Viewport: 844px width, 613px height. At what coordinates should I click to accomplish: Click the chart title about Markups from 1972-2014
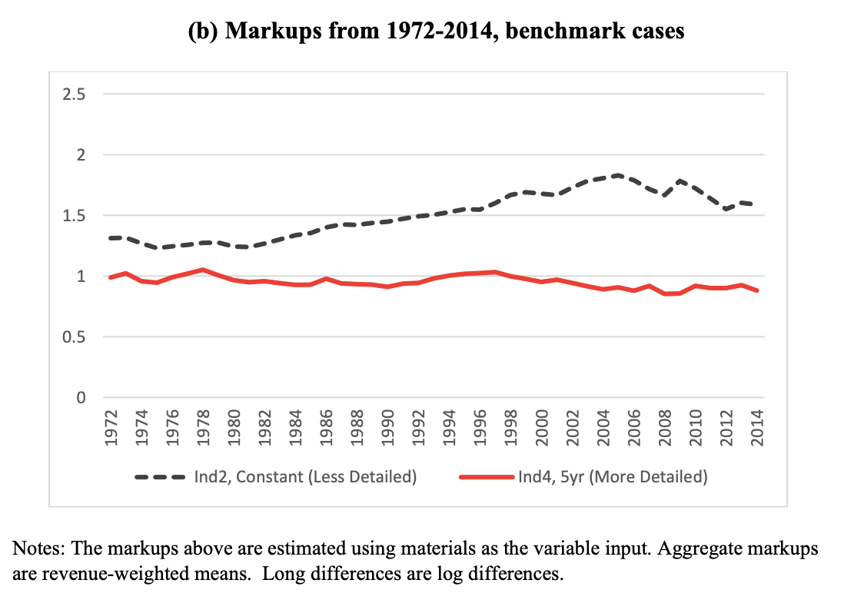[x=421, y=31]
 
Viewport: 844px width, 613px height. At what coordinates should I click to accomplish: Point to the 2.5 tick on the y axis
[x=74, y=94]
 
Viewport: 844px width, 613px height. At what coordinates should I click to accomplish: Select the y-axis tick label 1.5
[x=74, y=216]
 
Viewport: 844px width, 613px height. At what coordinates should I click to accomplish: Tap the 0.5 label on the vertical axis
[x=74, y=337]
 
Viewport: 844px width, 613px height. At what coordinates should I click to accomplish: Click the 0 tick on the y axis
[x=79, y=398]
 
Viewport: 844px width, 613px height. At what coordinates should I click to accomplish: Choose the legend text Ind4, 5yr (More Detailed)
[x=612, y=477]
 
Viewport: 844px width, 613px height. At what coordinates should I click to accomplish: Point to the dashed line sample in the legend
[x=161, y=477]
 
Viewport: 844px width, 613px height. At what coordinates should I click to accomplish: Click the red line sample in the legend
[x=485, y=477]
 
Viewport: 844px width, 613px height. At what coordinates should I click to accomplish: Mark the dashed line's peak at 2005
[x=618, y=176]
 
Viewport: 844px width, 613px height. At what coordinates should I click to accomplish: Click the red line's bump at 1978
[x=202, y=270]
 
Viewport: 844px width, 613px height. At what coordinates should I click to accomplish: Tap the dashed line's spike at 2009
[x=680, y=181]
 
